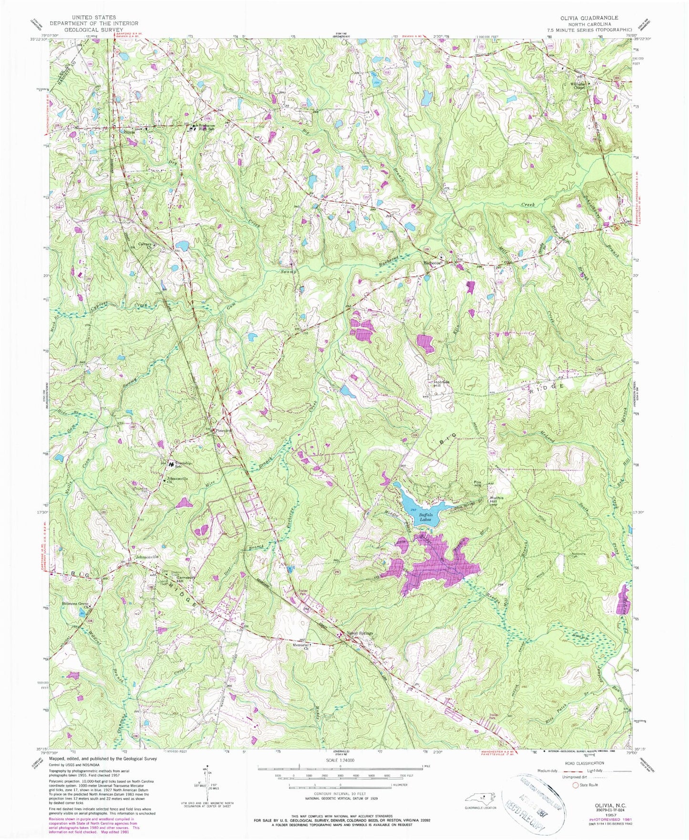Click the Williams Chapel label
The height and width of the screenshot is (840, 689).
579,86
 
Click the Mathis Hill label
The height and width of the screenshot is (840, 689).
497,500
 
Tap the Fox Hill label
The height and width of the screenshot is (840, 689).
478,484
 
